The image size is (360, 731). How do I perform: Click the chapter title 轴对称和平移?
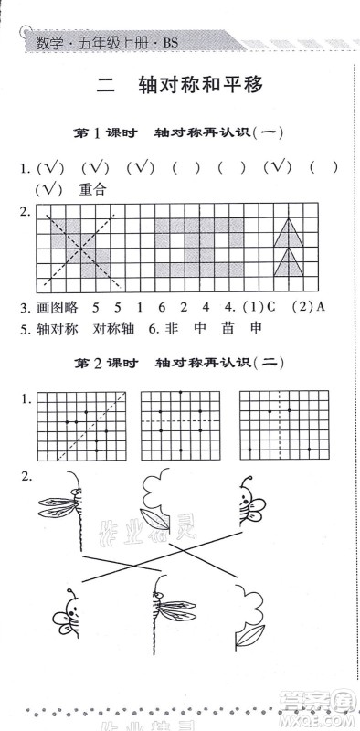201,86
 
